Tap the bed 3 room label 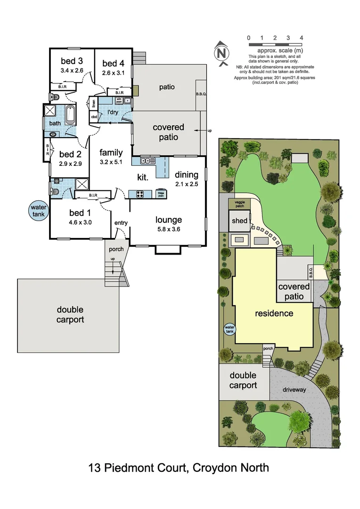tap(72, 61)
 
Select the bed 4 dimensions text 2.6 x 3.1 tap(113, 73)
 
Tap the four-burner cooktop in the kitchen tap(140, 193)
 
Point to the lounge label tap(169, 220)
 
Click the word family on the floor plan tap(111, 152)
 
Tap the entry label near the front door tap(121, 222)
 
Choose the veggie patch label tap(237, 203)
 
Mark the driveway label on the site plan tap(295, 390)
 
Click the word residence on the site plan tap(274, 313)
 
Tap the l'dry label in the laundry tap(113, 112)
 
